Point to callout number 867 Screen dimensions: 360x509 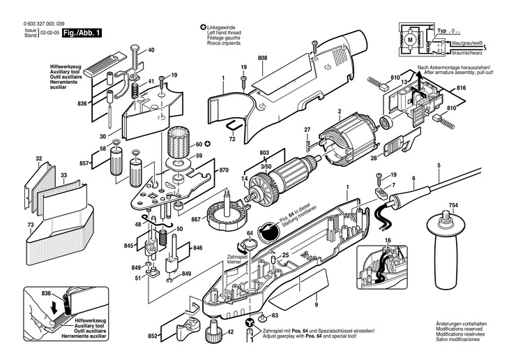click(196, 220)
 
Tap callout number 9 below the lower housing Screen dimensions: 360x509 click(314, 304)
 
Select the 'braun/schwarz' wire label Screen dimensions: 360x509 click(469, 52)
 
